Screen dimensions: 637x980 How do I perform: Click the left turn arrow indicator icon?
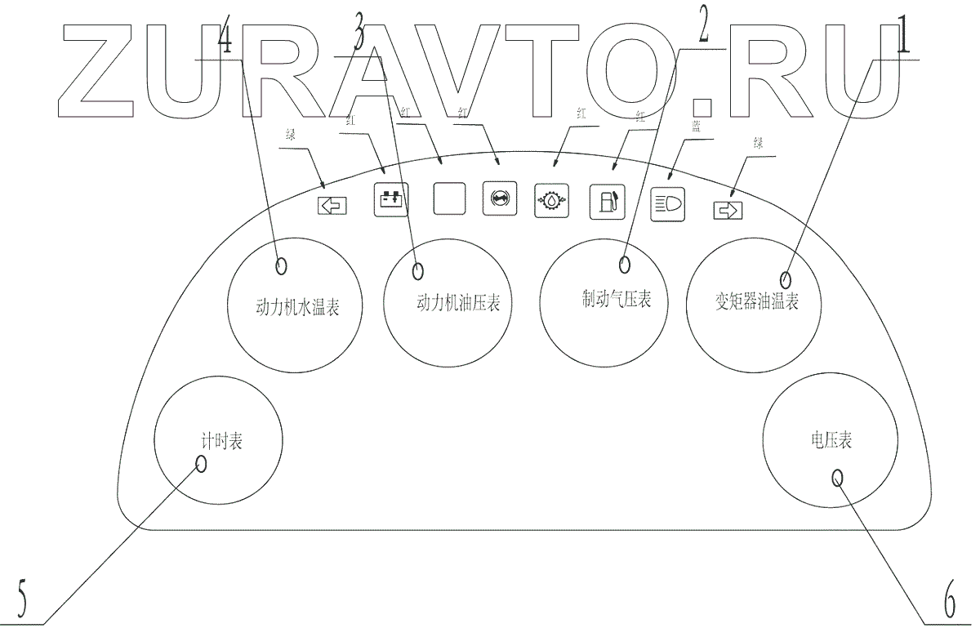coord(332,206)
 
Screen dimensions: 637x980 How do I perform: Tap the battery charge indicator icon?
coord(390,199)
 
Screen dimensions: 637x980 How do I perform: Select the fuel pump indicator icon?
coord(607,203)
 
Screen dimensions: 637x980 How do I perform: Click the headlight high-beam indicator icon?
coord(667,206)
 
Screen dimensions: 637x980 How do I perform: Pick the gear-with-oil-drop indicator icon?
coord(550,200)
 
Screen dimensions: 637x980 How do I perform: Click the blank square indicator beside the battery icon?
coord(449,198)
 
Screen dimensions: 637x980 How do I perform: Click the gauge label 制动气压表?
coord(611,300)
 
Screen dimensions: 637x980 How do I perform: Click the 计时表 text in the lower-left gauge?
coord(222,442)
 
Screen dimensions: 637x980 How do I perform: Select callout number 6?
coord(950,604)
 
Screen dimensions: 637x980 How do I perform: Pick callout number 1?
coord(902,38)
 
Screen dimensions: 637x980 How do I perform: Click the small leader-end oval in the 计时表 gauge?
coord(201,464)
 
